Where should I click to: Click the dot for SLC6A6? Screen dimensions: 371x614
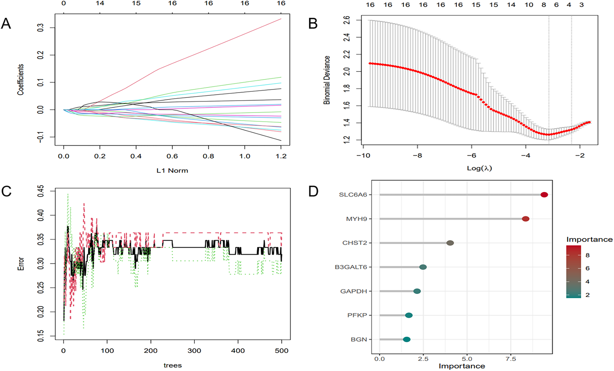pyautogui.click(x=544, y=195)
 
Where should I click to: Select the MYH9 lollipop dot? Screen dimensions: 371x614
pyautogui.click(x=525, y=219)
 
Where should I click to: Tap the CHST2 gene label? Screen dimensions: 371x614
pyautogui.click(x=355, y=243)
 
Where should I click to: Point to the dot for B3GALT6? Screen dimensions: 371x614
pyautogui.click(x=423, y=267)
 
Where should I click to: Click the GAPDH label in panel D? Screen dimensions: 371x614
pyautogui.click(x=354, y=291)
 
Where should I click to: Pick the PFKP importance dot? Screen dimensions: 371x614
pyautogui.click(x=409, y=315)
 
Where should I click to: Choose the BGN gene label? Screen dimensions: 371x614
pyautogui.click(x=359, y=339)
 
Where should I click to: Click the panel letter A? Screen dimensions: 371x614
pyautogui.click(x=6, y=24)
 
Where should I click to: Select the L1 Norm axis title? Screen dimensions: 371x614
pyautogui.click(x=172, y=171)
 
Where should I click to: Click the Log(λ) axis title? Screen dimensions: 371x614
pyautogui.click(x=479, y=168)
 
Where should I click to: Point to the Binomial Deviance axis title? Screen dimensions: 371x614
pyautogui.click(x=327, y=80)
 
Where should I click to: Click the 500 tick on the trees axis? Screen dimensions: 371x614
pyautogui.click(x=281, y=350)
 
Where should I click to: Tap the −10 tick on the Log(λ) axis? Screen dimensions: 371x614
pyautogui.click(x=363, y=156)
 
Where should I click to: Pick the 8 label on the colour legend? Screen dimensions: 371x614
pyautogui.click(x=588, y=255)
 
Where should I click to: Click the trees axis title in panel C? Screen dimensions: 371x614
pyautogui.click(x=172, y=365)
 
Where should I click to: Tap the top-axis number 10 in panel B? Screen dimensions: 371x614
pyautogui.click(x=529, y=5)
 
